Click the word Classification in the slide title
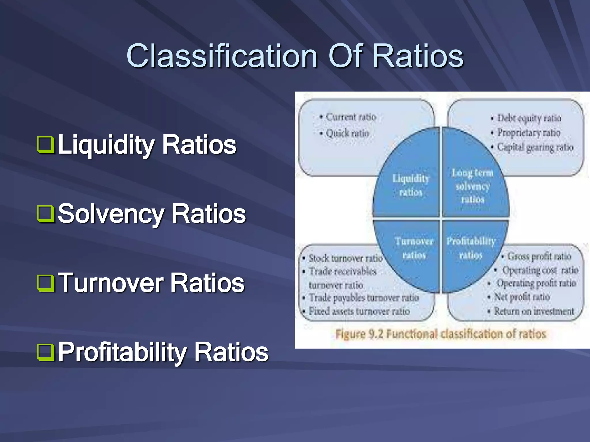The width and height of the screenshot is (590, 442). (222, 56)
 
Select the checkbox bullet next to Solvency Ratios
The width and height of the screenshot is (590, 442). (46, 214)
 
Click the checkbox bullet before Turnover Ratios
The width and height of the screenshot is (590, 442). (46, 283)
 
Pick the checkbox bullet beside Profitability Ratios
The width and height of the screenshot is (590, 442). (46, 353)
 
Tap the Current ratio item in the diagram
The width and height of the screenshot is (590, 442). (351, 117)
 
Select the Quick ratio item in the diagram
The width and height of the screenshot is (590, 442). (347, 133)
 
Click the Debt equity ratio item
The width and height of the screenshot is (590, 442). (529, 118)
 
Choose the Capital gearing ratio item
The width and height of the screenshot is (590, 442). (535, 147)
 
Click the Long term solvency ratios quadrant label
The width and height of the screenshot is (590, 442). (472, 186)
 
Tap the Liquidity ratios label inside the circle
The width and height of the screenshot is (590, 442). (411, 185)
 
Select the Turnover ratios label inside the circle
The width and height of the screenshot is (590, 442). (414, 248)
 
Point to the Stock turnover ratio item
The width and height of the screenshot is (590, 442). (345, 258)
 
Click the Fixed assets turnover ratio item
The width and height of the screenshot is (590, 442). (359, 311)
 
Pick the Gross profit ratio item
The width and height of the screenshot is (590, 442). (539, 256)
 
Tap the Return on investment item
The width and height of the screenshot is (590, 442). (534, 311)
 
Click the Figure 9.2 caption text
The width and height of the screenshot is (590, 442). (441, 334)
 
